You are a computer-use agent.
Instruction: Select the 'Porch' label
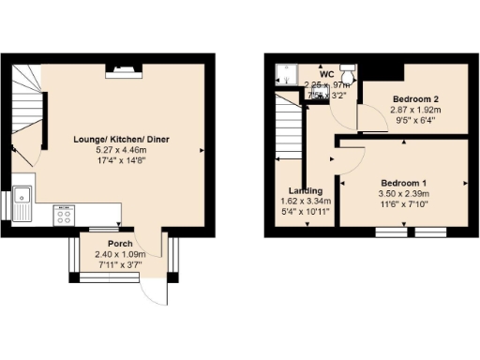coord(119,242)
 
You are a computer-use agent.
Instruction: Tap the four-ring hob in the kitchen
coord(65,217)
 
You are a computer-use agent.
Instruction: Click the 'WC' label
coord(326,74)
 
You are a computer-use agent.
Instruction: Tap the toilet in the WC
coord(348,72)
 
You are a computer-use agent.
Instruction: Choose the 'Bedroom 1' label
coord(404,183)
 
